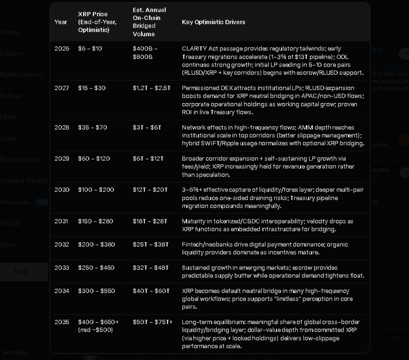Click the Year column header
pyautogui.click(x=60, y=22)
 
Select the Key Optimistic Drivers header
pyautogui.click(x=213, y=22)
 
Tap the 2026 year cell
pyautogui.click(x=62, y=49)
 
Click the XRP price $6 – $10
pyautogui.click(x=90, y=49)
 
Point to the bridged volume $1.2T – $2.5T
pyautogui.click(x=151, y=88)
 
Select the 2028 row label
pyautogui.click(x=62, y=127)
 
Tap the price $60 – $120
pyautogui.click(x=94, y=159)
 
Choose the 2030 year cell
pyautogui.click(x=62, y=190)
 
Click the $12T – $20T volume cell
pyautogui.click(x=150, y=190)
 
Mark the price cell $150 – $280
pyautogui.click(x=95, y=221)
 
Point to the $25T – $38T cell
pyautogui.click(x=150, y=245)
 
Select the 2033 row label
pyautogui.click(x=62, y=268)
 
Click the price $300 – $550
pyautogui.click(x=96, y=291)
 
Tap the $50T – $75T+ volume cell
pyautogui.click(x=153, y=322)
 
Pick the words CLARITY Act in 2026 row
pyautogui.click(x=197, y=49)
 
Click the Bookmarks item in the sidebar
pyautogui.click(x=19, y=160)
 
